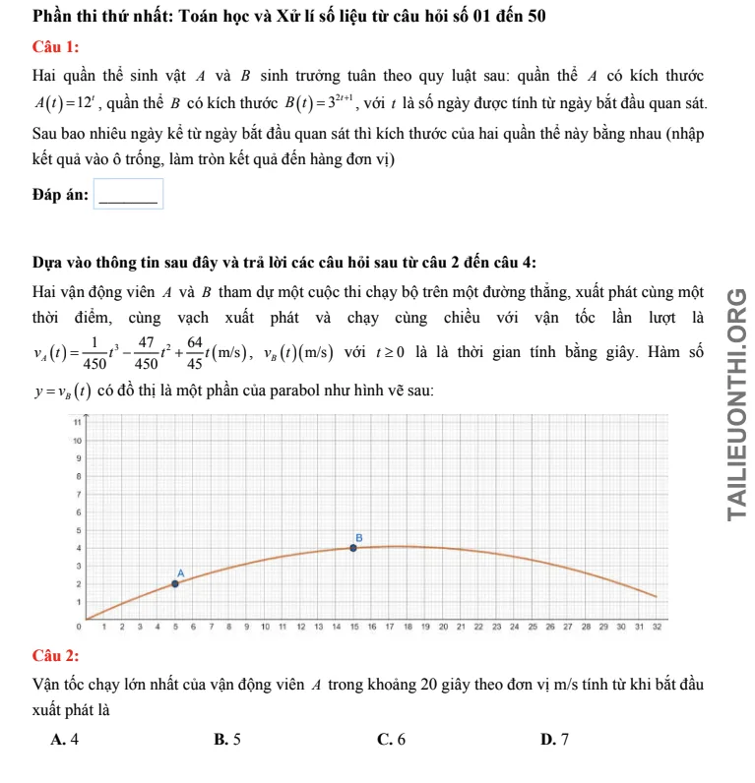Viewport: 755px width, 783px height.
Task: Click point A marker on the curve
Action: [x=175, y=583]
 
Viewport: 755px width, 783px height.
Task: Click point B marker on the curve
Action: [x=354, y=547]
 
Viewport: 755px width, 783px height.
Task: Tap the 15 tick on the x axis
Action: [x=354, y=626]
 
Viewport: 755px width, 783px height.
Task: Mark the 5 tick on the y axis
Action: [x=78, y=529]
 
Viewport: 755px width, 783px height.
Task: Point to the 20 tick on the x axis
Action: [x=443, y=626]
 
